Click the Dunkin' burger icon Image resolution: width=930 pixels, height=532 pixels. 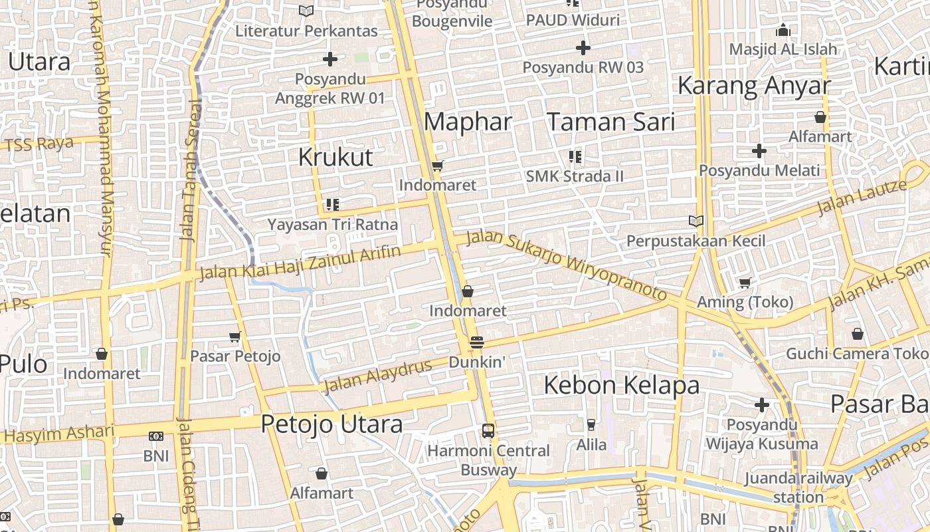click(x=476, y=342)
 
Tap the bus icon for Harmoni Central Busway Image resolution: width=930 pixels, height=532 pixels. click(x=488, y=430)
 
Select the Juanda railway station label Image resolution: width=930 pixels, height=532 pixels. click(x=798, y=487)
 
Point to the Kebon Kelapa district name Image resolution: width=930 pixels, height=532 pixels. click(x=621, y=385)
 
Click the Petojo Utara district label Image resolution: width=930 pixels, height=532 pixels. click(x=331, y=424)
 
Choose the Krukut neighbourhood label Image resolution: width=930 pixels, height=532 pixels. click(x=335, y=157)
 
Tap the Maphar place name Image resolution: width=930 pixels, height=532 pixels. click(x=468, y=122)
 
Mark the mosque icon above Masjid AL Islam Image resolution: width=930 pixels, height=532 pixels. click(x=783, y=31)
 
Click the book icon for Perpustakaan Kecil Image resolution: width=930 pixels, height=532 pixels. click(x=696, y=221)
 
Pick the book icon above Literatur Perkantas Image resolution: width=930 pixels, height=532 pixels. click(x=306, y=11)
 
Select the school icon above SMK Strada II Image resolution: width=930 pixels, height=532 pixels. click(x=575, y=157)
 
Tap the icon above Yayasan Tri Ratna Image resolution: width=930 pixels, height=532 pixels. click(x=333, y=205)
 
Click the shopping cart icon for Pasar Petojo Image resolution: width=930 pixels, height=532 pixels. click(x=234, y=337)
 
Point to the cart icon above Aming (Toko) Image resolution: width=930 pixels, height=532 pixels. click(x=745, y=283)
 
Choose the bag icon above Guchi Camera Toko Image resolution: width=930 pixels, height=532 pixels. click(x=858, y=334)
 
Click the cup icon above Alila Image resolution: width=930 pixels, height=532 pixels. click(x=591, y=424)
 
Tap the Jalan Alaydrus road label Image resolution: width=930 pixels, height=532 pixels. click(x=377, y=376)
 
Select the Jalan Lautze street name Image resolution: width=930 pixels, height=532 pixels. click(x=862, y=197)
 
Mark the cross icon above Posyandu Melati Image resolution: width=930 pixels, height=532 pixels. click(x=759, y=151)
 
